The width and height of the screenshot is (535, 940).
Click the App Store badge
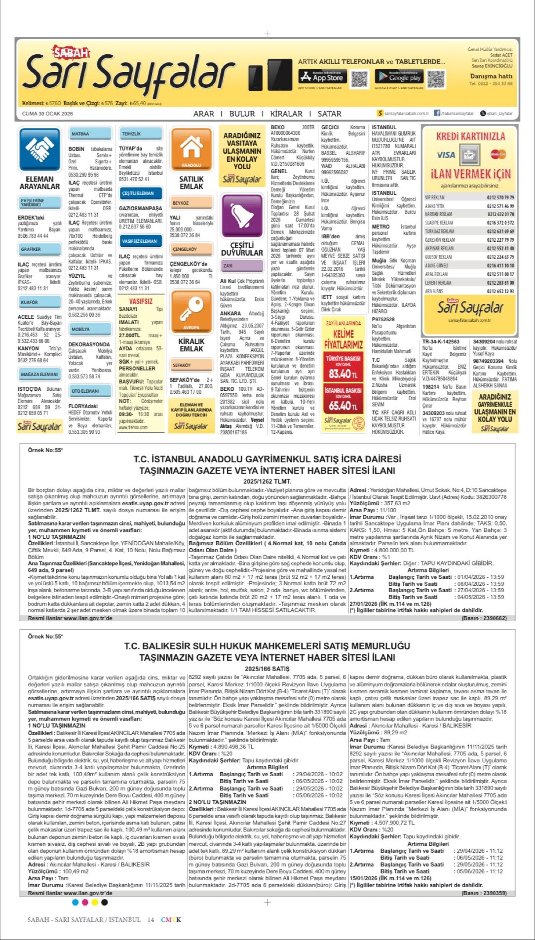pyautogui.click(x=321, y=76)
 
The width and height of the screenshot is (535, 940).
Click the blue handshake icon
pyautogui.click(x=39, y=149)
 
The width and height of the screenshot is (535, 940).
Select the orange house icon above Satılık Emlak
pyautogui.click(x=191, y=149)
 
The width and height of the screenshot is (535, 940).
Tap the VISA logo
pyautogui.click(x=446, y=155)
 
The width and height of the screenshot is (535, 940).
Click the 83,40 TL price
pyautogui.click(x=343, y=374)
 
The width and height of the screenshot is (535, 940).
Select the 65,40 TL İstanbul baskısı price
pyautogui.click(x=343, y=406)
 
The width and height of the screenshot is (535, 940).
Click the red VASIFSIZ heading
pyautogui.click(x=141, y=301)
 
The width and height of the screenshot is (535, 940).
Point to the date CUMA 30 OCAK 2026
pyautogui.click(x=47, y=113)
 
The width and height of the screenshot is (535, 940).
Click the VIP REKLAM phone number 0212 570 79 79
pyautogui.click(x=500, y=197)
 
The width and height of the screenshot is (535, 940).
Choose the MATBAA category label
pyautogui.click(x=80, y=134)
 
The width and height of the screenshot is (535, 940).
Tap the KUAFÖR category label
pyautogui.click(x=29, y=302)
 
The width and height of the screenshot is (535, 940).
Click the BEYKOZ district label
pyautogui.click(x=181, y=203)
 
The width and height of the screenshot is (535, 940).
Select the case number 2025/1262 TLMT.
pyautogui.click(x=267, y=481)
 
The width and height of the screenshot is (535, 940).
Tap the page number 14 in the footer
pyautogui.click(x=151, y=920)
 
